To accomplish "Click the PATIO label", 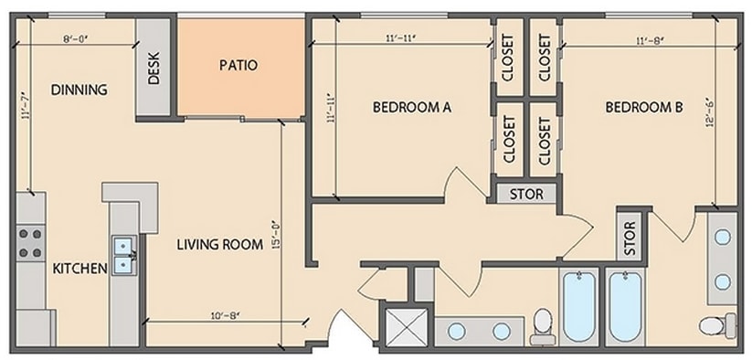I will click(x=238, y=66).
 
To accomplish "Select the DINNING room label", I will click(x=79, y=90).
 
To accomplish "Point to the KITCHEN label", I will click(x=79, y=268).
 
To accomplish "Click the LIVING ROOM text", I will click(x=220, y=244).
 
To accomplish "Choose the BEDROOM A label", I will click(x=412, y=107).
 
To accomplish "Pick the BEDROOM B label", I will click(x=644, y=107).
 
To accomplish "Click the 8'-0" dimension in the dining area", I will click(x=76, y=39).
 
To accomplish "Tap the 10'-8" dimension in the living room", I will click(x=225, y=316).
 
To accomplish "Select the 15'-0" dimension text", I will click(x=274, y=241).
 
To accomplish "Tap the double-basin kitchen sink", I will click(x=123, y=256).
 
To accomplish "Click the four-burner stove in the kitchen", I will click(x=30, y=241).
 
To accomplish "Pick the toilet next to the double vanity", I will click(x=544, y=324).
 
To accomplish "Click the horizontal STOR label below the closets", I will click(x=525, y=194).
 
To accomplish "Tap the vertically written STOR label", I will click(x=630, y=238).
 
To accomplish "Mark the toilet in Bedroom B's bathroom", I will click(x=717, y=323).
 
